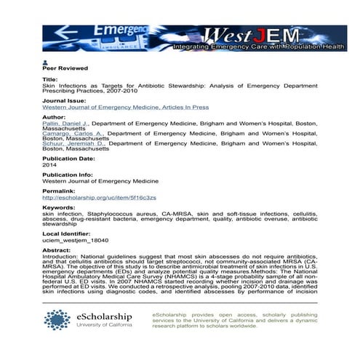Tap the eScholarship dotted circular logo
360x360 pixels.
pos(57,320)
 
